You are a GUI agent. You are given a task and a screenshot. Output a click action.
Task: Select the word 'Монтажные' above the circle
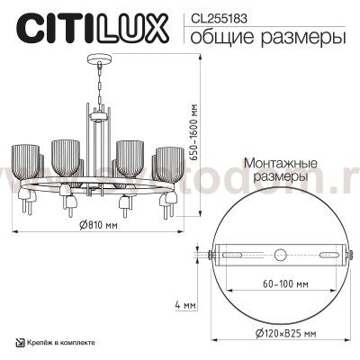(x=278, y=165)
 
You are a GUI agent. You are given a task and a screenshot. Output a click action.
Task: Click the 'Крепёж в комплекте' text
(x=64, y=344)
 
